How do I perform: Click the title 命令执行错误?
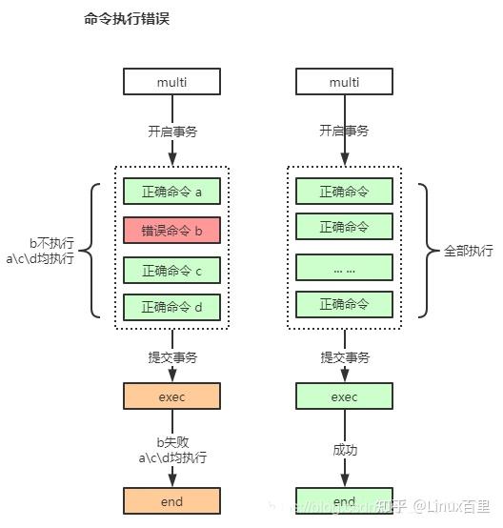pyautogui.click(x=119, y=19)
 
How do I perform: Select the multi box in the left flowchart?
pyautogui.click(x=171, y=82)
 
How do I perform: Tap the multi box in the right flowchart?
pyautogui.click(x=344, y=82)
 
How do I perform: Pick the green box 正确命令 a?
pyautogui.click(x=171, y=192)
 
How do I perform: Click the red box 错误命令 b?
pyautogui.click(x=171, y=231)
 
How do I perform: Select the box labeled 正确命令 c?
pyautogui.click(x=171, y=271)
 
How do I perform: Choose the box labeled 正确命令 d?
pyautogui.click(x=171, y=307)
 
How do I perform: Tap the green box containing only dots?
pyautogui.click(x=344, y=267)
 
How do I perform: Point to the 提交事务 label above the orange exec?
pyautogui.click(x=171, y=357)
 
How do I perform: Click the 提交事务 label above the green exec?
pyautogui.click(x=344, y=357)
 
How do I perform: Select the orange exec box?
pyautogui.click(x=171, y=396)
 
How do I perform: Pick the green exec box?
pyautogui.click(x=344, y=396)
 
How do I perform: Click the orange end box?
pyautogui.click(x=171, y=500)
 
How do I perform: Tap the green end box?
pyautogui.click(x=344, y=501)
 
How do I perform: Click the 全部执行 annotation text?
pyautogui.click(x=469, y=251)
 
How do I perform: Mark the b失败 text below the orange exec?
pyautogui.click(x=171, y=442)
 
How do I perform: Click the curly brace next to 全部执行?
pyautogui.click(x=428, y=250)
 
